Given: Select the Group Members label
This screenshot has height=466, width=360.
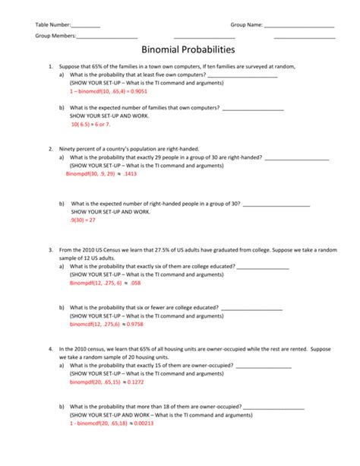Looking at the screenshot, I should point(55,36).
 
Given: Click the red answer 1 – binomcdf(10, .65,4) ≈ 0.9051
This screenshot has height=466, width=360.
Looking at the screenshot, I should point(108,90).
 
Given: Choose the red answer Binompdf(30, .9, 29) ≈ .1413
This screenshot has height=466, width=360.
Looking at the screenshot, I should point(101,173).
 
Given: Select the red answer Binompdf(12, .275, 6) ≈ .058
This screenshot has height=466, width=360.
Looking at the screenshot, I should point(105,282).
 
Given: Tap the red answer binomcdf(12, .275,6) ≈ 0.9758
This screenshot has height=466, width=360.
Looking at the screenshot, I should point(106,324).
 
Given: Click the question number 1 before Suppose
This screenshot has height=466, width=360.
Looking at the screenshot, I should point(49,67).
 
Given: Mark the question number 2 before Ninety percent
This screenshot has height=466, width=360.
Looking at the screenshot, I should point(49,149).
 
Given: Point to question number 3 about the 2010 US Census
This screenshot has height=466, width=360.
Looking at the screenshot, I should point(49,249).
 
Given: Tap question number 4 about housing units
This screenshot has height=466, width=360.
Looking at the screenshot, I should point(49,350).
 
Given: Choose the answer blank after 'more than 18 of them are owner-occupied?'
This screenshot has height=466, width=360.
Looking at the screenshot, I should point(273,407).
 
